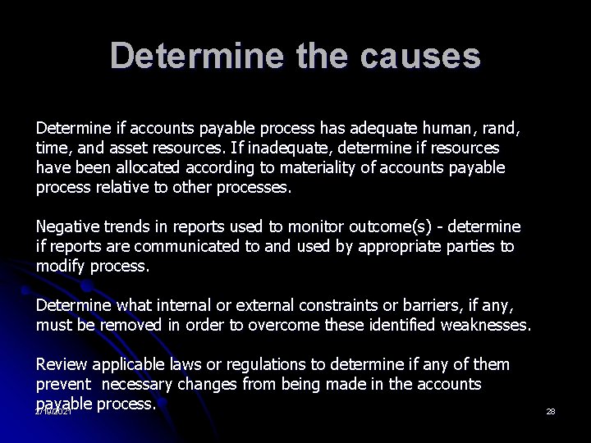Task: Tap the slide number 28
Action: pos(551,410)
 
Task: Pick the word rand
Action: pos(500,129)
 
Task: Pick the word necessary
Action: pos(146,384)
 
